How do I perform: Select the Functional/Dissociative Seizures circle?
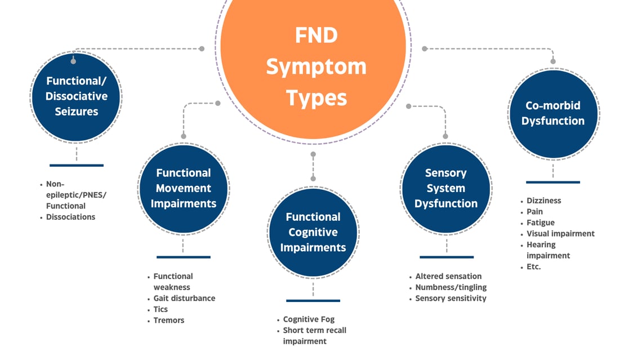76,97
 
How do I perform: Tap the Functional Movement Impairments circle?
184,188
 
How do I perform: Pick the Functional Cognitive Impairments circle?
313,232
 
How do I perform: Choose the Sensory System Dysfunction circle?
446,188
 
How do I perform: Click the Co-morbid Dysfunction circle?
553,114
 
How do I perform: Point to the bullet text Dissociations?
70,217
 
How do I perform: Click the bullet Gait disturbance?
184,298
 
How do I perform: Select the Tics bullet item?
161,309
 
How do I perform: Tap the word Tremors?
169,321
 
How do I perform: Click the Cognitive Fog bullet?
309,319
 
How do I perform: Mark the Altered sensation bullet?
448,277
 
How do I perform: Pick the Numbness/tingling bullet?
451,287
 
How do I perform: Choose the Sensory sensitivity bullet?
451,298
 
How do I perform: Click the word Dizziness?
544,201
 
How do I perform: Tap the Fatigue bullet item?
541,223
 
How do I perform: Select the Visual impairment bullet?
560,234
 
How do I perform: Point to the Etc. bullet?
533,266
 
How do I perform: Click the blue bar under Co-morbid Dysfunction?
553,182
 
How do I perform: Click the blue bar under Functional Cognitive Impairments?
313,301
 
